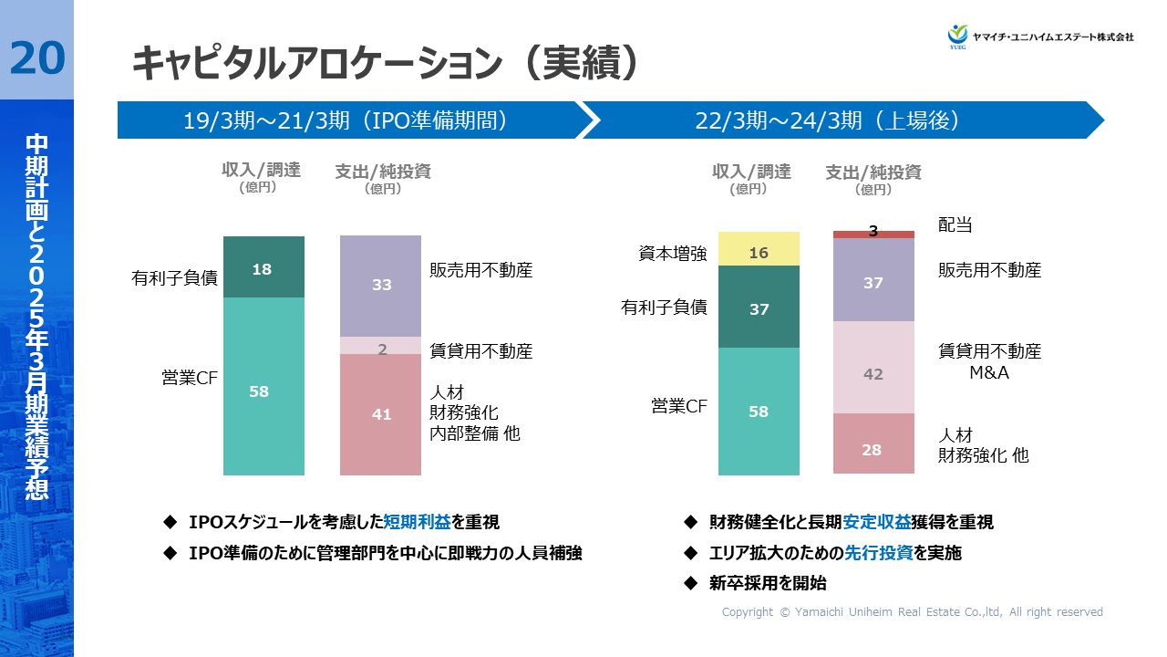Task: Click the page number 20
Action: pyautogui.click(x=37, y=58)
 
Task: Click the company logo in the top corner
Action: pyautogui.click(x=1040, y=36)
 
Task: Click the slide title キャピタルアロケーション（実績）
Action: pyautogui.click(x=384, y=64)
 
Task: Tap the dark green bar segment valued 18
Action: pyautogui.click(x=263, y=268)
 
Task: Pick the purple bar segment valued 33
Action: pyautogui.click(x=381, y=286)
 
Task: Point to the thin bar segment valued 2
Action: pyautogui.click(x=381, y=347)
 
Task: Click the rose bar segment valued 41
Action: pyautogui.click(x=381, y=414)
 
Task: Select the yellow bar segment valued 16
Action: pyautogui.click(x=759, y=252)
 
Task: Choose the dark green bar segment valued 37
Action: pyautogui.click(x=759, y=308)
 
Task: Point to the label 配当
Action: pyautogui.click(x=955, y=224)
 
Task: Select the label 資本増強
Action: pyautogui.click(x=673, y=254)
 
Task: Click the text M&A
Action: pyautogui.click(x=989, y=373)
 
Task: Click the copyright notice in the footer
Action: pyautogui.click(x=912, y=612)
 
